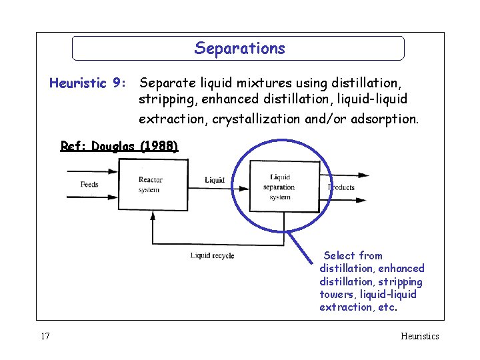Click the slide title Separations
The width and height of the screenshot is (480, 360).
coord(239,49)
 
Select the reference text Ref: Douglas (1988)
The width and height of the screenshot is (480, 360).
coord(119,146)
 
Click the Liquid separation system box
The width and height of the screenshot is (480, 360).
coord(284,187)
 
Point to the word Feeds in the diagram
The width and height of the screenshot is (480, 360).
coord(89,184)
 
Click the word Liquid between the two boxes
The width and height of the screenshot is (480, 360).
coord(215,180)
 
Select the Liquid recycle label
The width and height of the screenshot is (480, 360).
coord(212,255)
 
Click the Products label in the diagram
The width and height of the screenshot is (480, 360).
coord(342,187)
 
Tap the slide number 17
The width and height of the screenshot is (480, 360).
coord(45,337)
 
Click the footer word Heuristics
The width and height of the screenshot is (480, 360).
coord(420,337)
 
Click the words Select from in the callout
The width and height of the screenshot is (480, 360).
coord(353,256)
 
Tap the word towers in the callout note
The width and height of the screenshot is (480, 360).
coord(335,294)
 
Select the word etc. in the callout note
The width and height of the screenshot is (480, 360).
coord(387,307)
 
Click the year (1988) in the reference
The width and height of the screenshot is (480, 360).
coord(159,146)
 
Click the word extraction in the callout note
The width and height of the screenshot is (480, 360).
coord(346,307)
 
